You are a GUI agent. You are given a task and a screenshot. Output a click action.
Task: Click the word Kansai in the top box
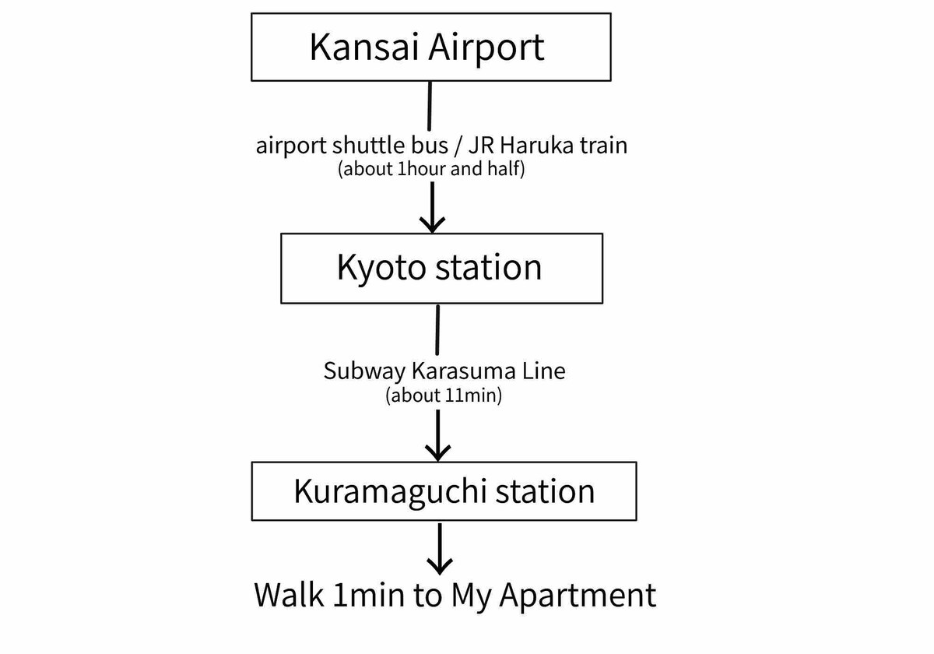tap(363, 47)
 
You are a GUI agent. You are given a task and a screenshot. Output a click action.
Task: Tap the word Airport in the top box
tap(486, 48)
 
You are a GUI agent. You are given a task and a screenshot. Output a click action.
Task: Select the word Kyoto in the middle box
tap(382, 269)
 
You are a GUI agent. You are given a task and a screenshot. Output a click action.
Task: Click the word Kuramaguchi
tap(390, 493)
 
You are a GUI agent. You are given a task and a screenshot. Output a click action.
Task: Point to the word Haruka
tap(537, 146)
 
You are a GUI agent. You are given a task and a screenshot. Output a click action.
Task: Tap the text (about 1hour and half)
tap(431, 170)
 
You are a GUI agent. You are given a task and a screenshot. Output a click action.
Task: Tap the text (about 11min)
tap(444, 396)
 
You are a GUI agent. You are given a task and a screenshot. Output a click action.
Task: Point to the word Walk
tap(289, 595)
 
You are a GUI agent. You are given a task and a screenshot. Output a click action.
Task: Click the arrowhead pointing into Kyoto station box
tap(433, 224)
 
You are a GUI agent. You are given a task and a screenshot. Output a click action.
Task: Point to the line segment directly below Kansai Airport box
tap(430, 106)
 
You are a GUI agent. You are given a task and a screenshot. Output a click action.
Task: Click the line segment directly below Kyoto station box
tap(437, 330)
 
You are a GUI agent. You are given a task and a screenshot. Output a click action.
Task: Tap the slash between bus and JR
tap(458, 146)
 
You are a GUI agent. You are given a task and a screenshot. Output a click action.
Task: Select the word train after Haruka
tap(604, 146)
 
